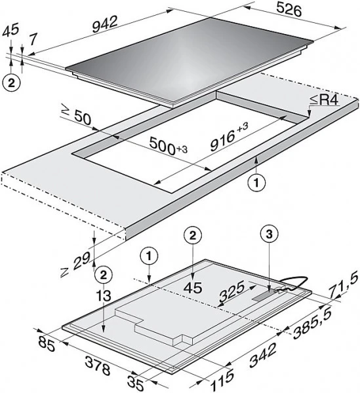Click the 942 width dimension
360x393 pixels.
(105, 24)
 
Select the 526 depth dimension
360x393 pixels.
(289, 10)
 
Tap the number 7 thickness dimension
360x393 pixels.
(33, 39)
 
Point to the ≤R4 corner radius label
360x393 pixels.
(324, 100)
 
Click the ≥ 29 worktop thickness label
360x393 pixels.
(75, 265)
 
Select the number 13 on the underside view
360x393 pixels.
(104, 296)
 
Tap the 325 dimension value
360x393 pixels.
(231, 291)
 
